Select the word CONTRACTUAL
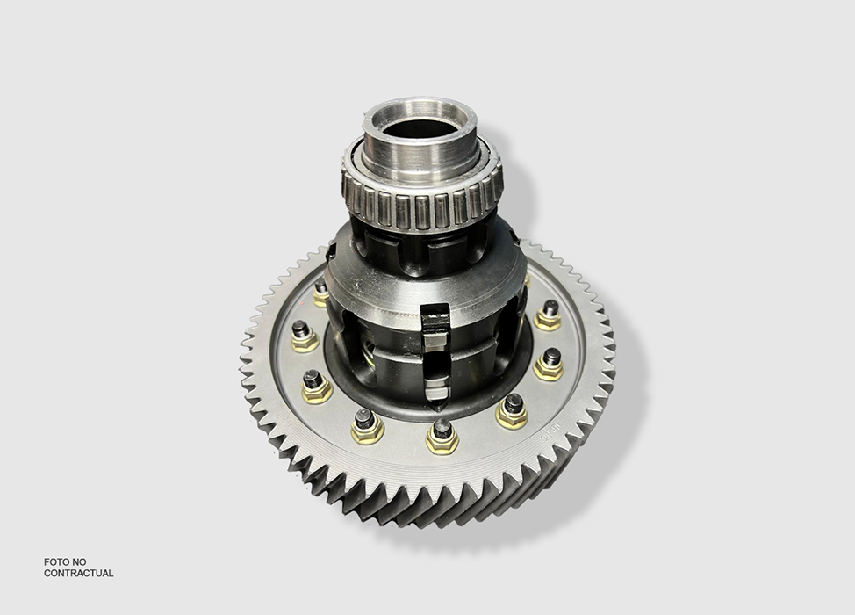click(x=78, y=573)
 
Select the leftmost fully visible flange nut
click(x=304, y=335)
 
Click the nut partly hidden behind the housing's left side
click(x=321, y=292)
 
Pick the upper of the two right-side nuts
click(x=549, y=314)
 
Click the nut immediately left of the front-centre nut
click(x=366, y=424)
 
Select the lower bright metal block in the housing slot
click(x=436, y=384)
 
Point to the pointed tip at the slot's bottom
click(x=437, y=406)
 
